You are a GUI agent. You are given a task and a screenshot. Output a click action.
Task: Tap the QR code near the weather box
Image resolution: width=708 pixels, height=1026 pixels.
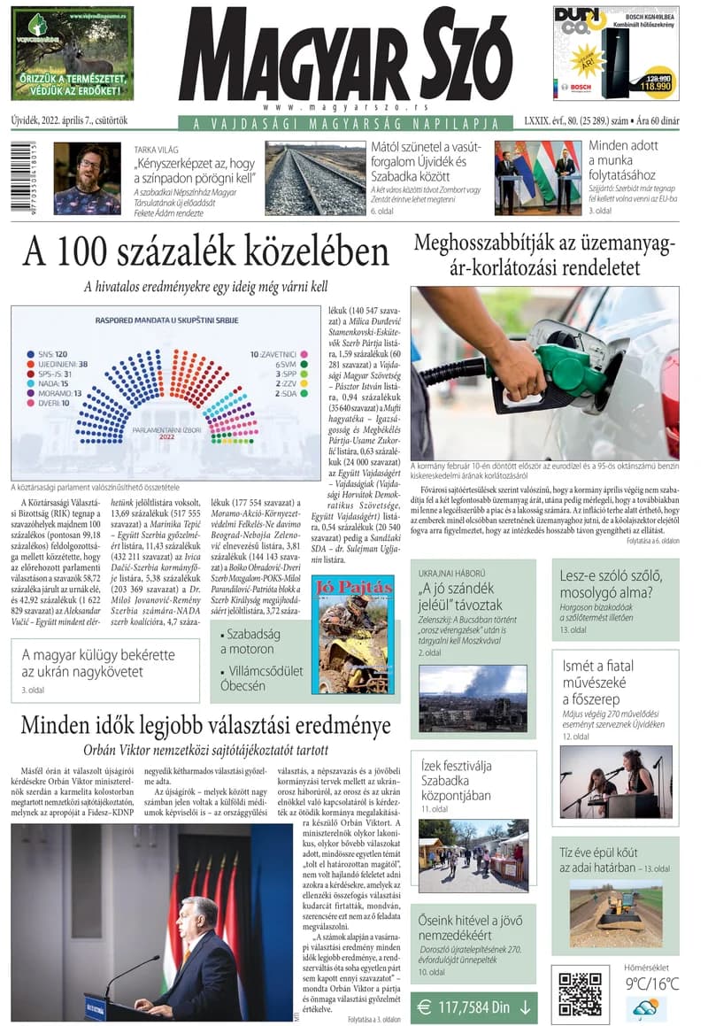click(580, 992)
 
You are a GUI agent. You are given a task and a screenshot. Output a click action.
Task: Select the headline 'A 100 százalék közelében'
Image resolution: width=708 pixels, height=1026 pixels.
click(205, 251)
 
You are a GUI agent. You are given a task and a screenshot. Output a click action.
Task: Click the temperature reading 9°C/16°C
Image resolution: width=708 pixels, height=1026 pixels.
click(653, 983)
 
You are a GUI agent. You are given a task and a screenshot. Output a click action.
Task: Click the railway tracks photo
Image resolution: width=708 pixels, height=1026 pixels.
click(315, 178)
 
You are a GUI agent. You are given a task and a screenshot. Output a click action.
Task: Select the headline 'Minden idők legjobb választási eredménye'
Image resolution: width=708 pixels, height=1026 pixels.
click(205, 726)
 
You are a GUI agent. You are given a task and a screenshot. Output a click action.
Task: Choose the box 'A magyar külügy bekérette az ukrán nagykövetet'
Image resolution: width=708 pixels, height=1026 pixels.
click(105, 663)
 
